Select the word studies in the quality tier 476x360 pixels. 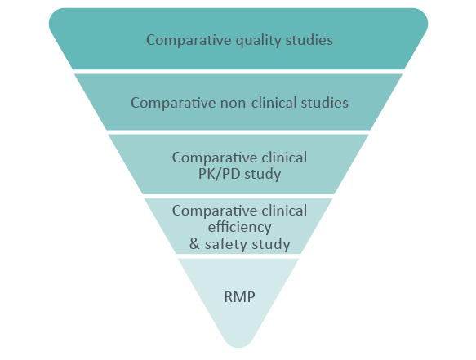tap(309, 40)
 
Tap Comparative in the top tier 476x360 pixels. tap(189, 40)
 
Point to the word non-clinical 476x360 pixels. tap(259, 103)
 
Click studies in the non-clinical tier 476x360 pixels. tap(324, 103)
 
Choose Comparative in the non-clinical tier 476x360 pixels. tap(173, 103)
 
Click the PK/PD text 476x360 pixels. tap(219, 174)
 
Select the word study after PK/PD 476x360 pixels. tap(263, 175)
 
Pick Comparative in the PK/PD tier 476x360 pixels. tap(215, 158)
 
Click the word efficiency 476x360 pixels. tap(239, 228)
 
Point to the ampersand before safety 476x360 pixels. tap(194, 244)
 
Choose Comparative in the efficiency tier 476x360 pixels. tap(215, 211)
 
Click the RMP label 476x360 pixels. tap(239, 296)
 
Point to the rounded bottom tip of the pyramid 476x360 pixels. tap(238, 347)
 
